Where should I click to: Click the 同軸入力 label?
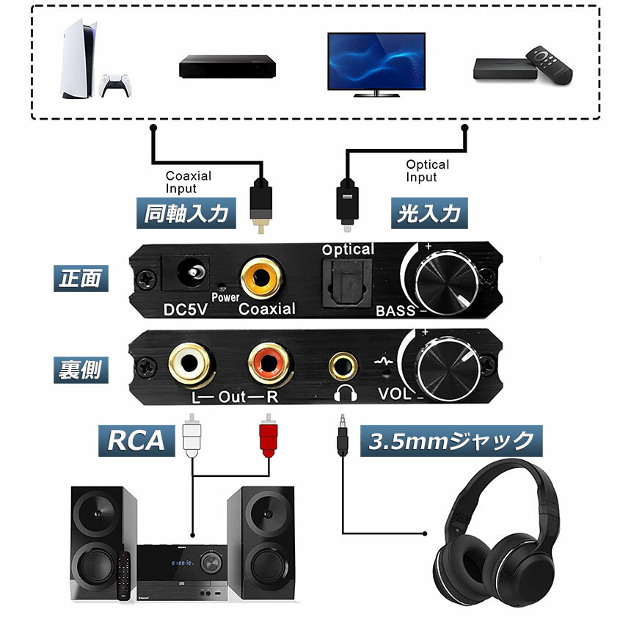pyautogui.click(x=187, y=214)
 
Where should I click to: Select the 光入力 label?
pyautogui.click(x=429, y=214)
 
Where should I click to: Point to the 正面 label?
pyautogui.click(x=82, y=278)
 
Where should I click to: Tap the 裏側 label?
pyautogui.click(x=82, y=370)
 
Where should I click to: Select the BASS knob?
pyautogui.click(x=443, y=279)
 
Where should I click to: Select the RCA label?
pyautogui.click(x=136, y=440)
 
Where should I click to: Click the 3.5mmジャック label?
pyautogui.click(x=451, y=441)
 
